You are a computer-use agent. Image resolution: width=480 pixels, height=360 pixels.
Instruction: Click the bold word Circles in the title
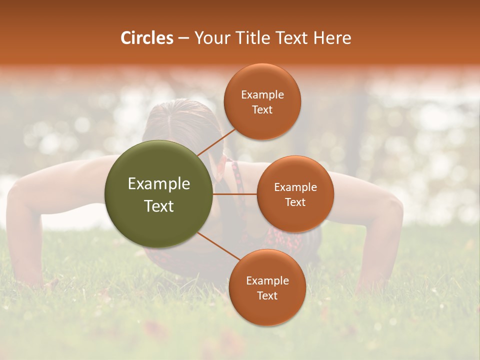(x=146, y=38)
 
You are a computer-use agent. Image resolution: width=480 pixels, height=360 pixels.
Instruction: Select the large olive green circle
(x=158, y=194)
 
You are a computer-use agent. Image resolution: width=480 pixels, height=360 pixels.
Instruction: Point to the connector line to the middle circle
(x=235, y=193)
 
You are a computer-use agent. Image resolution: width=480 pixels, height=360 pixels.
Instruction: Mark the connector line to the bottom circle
(x=218, y=246)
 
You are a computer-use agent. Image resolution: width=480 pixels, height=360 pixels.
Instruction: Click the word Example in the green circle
(x=158, y=184)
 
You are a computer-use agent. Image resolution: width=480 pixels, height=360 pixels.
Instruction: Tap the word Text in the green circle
(x=158, y=206)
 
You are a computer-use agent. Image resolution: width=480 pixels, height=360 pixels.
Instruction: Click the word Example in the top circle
(x=262, y=95)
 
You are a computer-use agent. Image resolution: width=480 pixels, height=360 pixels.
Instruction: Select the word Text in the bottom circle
(x=267, y=295)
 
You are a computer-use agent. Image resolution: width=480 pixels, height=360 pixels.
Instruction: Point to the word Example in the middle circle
(x=295, y=187)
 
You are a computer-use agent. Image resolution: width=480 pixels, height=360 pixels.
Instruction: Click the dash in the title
(x=183, y=38)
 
